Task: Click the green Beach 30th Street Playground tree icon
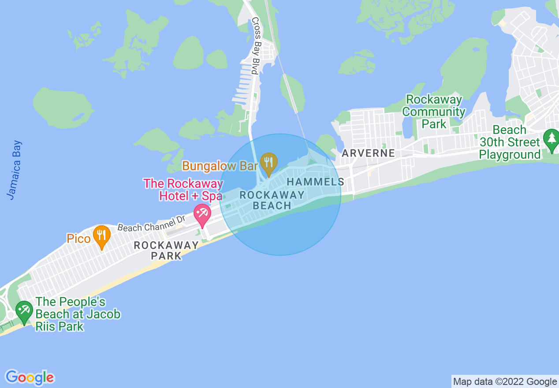pos(551,139)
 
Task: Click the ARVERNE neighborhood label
pos(369,153)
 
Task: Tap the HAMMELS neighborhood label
pos(316,182)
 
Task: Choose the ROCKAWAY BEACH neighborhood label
pos(272,200)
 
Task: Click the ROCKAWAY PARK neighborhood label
pos(166,250)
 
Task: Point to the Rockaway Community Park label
pos(434,112)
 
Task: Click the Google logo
pos(30,377)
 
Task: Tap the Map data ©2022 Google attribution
pos(505,382)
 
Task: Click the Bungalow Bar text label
pos(220,166)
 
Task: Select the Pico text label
pos(78,239)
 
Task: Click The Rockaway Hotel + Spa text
pos(183,190)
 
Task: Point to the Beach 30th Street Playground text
pos(510,142)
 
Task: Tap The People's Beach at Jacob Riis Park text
pos(78,314)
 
